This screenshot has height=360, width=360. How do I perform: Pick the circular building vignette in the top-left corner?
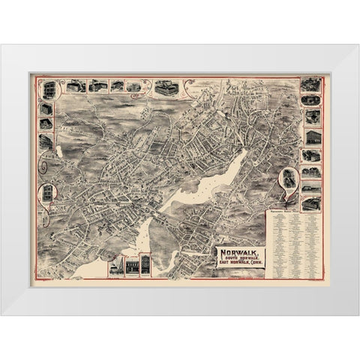(48, 88)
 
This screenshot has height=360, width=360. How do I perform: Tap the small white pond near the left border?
(57, 152)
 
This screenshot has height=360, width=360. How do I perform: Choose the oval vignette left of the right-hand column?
(287, 181)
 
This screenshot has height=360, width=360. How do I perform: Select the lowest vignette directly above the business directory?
(310, 203)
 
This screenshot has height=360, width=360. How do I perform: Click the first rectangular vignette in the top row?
(73, 87)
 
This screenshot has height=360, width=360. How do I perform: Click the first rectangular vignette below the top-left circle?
(45, 109)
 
